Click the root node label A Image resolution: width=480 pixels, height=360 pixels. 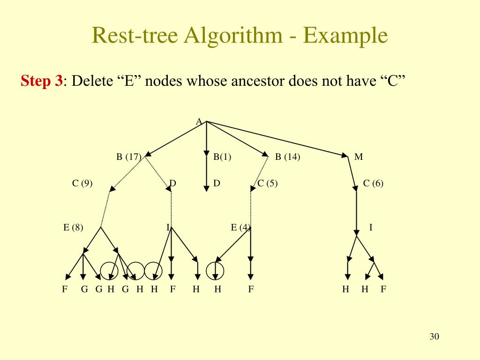tap(199, 122)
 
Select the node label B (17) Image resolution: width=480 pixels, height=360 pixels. tap(129, 157)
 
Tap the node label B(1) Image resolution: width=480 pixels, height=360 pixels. tap(222, 157)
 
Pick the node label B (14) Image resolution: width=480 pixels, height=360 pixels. tap(287, 157)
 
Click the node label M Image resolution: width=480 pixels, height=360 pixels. tap(359, 157)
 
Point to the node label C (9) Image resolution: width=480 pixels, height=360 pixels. tap(82, 184)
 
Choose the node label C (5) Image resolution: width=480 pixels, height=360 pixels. tap(268, 184)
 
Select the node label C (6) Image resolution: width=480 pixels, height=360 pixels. tap(373, 184)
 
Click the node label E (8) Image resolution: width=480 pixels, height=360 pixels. tap(73, 228)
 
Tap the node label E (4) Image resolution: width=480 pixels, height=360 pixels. tap(240, 228)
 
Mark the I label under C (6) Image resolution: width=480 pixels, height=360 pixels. tap(371, 228)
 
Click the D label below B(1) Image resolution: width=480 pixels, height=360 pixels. tap(217, 183)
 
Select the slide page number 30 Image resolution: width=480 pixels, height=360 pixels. tap(434, 337)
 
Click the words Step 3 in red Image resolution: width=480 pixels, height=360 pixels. tap(42, 82)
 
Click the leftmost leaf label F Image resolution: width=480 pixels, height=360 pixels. tap(65, 289)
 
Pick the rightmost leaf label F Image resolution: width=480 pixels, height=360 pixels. tap(383, 289)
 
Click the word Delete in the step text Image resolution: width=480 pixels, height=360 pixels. tap(92, 82)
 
